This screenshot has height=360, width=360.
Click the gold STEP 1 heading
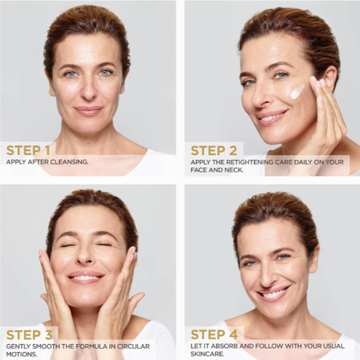click(x=28, y=151)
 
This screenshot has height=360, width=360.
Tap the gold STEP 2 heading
click(x=214, y=151)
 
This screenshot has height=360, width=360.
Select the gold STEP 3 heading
click(x=29, y=335)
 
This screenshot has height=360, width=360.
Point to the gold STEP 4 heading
click(x=214, y=335)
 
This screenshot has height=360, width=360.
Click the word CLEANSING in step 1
click(x=69, y=162)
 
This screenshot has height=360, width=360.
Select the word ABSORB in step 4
click(x=225, y=346)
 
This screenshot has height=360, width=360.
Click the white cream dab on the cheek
click(x=297, y=92)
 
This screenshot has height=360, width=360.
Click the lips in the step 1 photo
click(x=89, y=110)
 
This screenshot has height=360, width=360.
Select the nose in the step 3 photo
click(x=85, y=256)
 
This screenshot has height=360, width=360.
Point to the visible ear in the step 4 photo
click(x=314, y=256)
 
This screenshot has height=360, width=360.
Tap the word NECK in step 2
click(x=234, y=170)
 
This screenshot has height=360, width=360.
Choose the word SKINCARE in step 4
click(x=208, y=354)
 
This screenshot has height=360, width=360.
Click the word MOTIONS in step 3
click(x=22, y=354)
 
